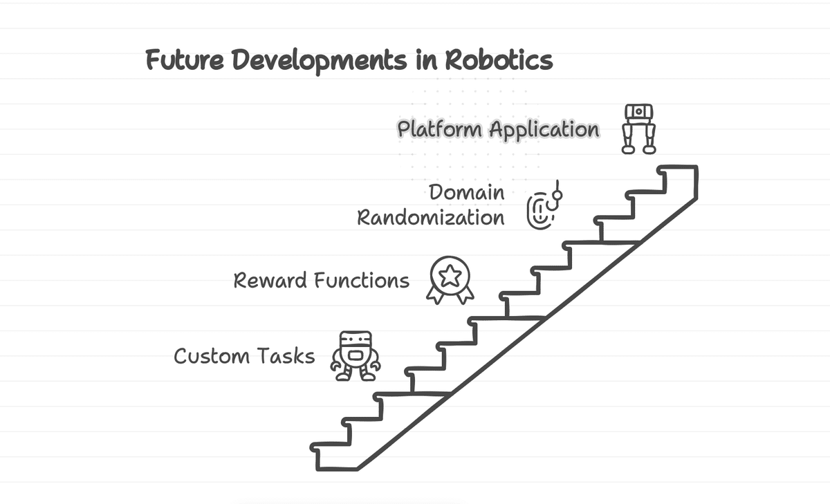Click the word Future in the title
(184, 61)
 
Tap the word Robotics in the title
(499, 61)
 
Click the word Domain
(467, 192)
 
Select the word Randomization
(430, 218)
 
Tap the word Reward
(270, 281)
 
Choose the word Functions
(361, 281)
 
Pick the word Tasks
(286, 357)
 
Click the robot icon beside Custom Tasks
(355, 356)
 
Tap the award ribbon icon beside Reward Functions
(450, 280)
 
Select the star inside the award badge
(450, 276)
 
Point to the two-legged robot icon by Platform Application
(638, 129)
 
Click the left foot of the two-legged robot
(627, 147)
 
